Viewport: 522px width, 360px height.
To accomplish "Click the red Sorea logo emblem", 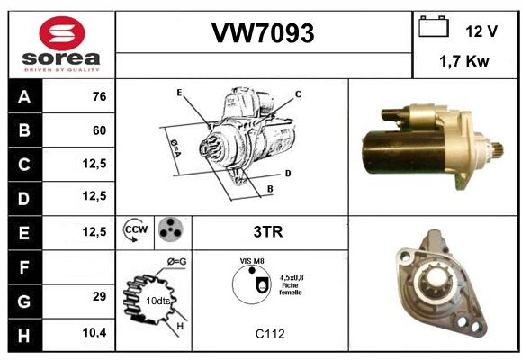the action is pyautogui.click(x=62, y=33).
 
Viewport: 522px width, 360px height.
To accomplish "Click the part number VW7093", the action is pyautogui.click(x=263, y=33).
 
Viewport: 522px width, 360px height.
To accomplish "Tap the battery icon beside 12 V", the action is pyautogui.click(x=434, y=26).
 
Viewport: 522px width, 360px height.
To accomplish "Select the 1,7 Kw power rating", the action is pyautogui.click(x=464, y=61).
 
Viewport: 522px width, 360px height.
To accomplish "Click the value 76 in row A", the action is pyautogui.click(x=100, y=96).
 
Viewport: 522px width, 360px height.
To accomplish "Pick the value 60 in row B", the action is pyautogui.click(x=100, y=130).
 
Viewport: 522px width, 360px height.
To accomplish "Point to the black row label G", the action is pyautogui.click(x=25, y=301).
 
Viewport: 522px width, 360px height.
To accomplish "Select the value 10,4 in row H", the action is pyautogui.click(x=94, y=332).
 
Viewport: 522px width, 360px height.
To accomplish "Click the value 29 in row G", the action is pyautogui.click(x=100, y=296).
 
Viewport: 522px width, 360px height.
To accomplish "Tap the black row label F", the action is pyautogui.click(x=25, y=267).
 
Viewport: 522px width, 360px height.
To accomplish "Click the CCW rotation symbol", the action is pyautogui.click(x=136, y=229).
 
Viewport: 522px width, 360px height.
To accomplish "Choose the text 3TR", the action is pyautogui.click(x=268, y=232).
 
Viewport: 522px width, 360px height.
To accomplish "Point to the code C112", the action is pyautogui.click(x=270, y=334).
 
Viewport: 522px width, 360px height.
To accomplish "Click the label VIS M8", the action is pyautogui.click(x=252, y=261).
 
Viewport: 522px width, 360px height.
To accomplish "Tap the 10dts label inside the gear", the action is pyautogui.click(x=158, y=301).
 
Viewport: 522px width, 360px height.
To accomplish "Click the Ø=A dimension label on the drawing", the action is pyautogui.click(x=175, y=148).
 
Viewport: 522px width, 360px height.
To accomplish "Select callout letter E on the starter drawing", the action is pyautogui.click(x=179, y=92).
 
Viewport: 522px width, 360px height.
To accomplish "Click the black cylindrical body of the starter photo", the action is pyautogui.click(x=403, y=152).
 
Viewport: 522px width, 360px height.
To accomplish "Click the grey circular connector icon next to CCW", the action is pyautogui.click(x=171, y=229).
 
